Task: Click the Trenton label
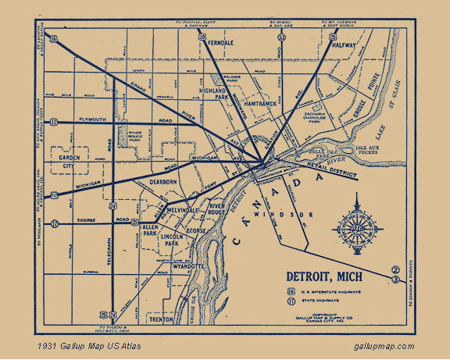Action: [x=162, y=319]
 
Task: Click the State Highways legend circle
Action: [x=291, y=301]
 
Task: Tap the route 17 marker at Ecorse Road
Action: [x=55, y=224]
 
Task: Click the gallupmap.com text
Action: [x=384, y=346]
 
